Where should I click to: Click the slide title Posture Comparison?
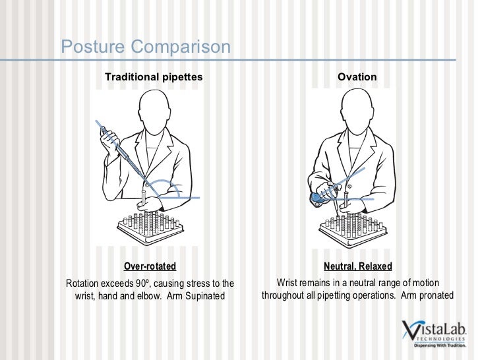[x=146, y=47]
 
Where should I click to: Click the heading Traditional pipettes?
[x=154, y=77]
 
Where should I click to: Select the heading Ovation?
[x=357, y=77]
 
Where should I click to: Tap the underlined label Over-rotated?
[x=150, y=266]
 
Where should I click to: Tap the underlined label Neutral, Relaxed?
[x=357, y=266]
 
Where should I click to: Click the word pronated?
[x=435, y=295]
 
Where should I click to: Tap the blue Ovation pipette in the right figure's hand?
[x=318, y=196]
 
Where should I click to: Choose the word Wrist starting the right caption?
[x=289, y=284]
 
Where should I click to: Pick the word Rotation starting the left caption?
[x=84, y=284]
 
